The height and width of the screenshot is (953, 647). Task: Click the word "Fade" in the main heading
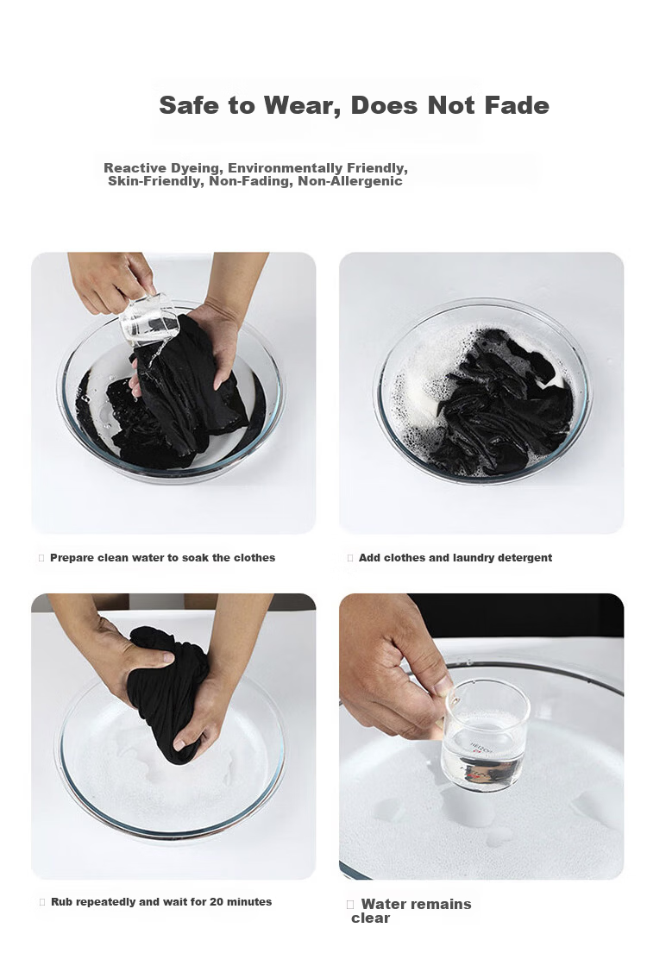(517, 105)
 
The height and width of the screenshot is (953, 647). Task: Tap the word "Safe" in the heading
(189, 105)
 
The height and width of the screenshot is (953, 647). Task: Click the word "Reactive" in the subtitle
(135, 168)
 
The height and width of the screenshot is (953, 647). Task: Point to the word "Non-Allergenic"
(349, 181)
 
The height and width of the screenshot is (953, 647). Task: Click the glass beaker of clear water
(485, 743)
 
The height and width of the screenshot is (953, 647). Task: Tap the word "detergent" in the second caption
(525, 558)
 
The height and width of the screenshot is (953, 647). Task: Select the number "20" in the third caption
(217, 902)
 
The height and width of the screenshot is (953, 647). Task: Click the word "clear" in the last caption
(370, 919)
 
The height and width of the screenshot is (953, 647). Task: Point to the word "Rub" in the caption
(61, 902)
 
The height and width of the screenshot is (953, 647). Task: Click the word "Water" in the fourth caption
(382, 905)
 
